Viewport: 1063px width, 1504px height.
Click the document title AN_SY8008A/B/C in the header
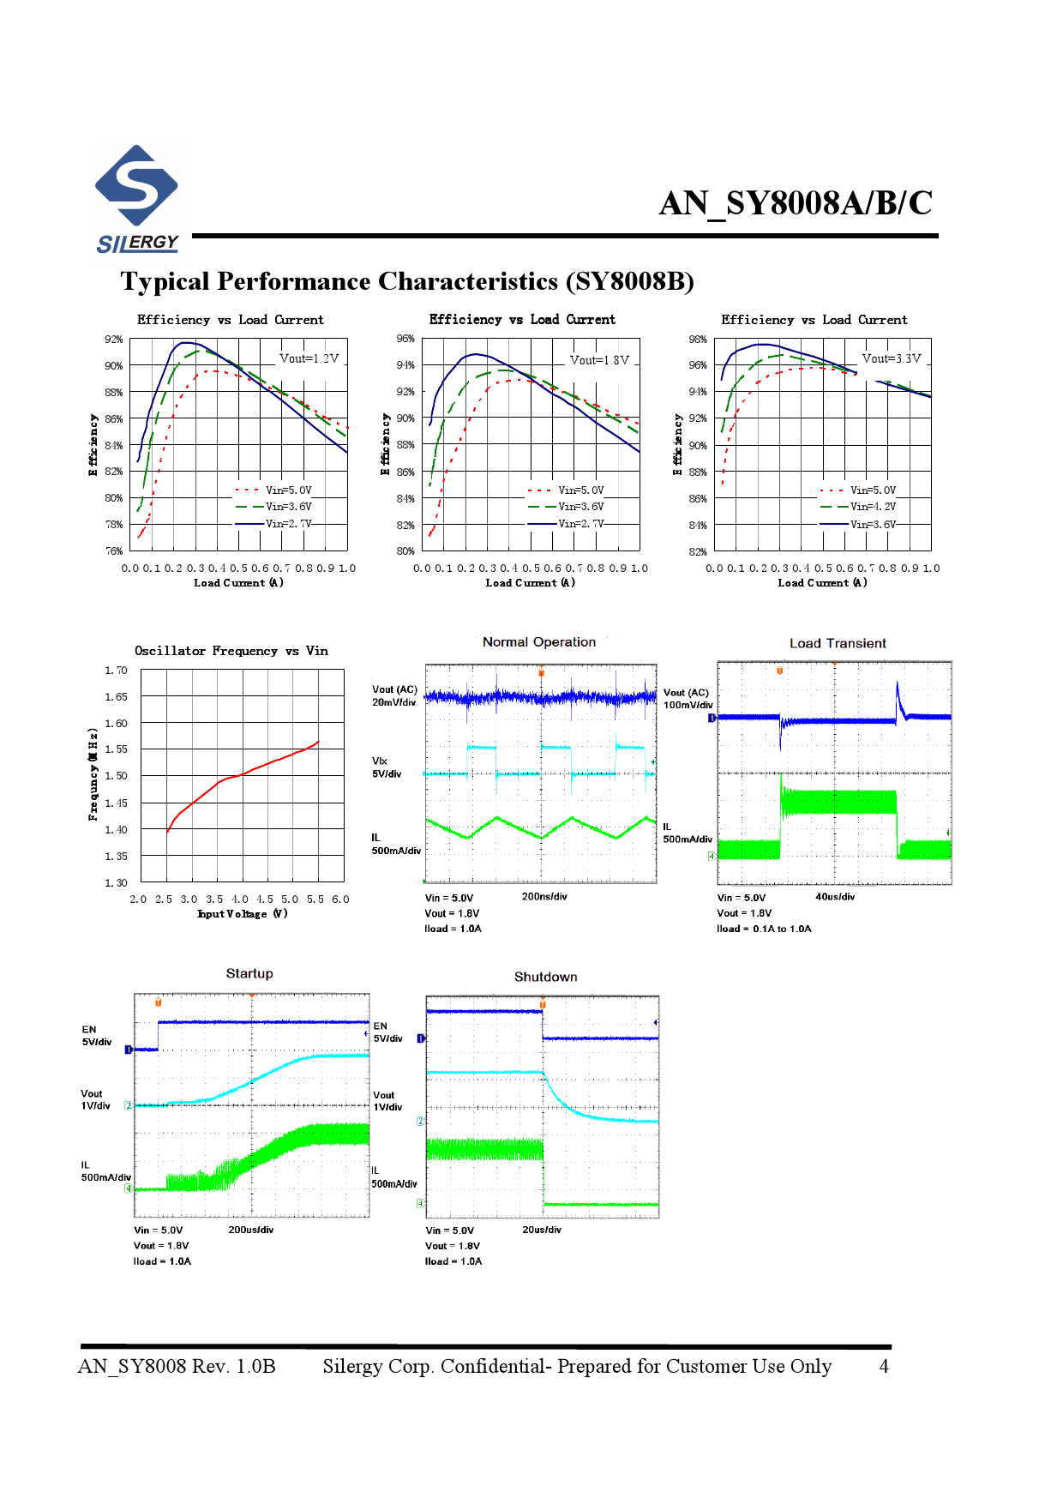pyautogui.click(x=795, y=203)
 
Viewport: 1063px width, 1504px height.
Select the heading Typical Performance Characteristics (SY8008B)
pyautogui.click(x=407, y=281)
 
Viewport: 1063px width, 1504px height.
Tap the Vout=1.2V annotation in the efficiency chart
pyautogui.click(x=309, y=358)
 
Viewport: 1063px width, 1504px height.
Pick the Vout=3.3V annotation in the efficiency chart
pyautogui.click(x=892, y=358)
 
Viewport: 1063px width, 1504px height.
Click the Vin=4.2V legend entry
pyautogui.click(x=873, y=507)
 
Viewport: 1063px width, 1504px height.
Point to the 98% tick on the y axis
pyautogui.click(x=698, y=340)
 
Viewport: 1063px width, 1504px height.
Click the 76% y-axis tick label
pyautogui.click(x=114, y=551)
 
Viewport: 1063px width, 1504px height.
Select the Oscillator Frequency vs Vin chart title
pyautogui.click(x=231, y=651)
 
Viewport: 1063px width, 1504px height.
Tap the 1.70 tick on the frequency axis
pyautogui.click(x=116, y=671)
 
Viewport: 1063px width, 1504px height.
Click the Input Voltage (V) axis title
pyautogui.click(x=243, y=914)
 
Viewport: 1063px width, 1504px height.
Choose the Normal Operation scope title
pyautogui.click(x=538, y=642)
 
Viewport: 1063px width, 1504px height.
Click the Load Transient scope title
pyautogui.click(x=838, y=643)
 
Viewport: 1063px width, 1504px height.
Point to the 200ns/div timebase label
pyautogui.click(x=544, y=897)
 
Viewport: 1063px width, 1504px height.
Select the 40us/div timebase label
pyautogui.click(x=835, y=897)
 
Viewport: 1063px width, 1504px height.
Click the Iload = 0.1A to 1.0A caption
pyautogui.click(x=764, y=929)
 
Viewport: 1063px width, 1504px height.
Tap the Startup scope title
pyautogui.click(x=249, y=973)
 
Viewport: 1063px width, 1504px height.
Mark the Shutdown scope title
pyautogui.click(x=545, y=977)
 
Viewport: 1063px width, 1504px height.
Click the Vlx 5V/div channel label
pyautogui.click(x=387, y=767)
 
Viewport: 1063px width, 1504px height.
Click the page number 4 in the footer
pyautogui.click(x=884, y=1366)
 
